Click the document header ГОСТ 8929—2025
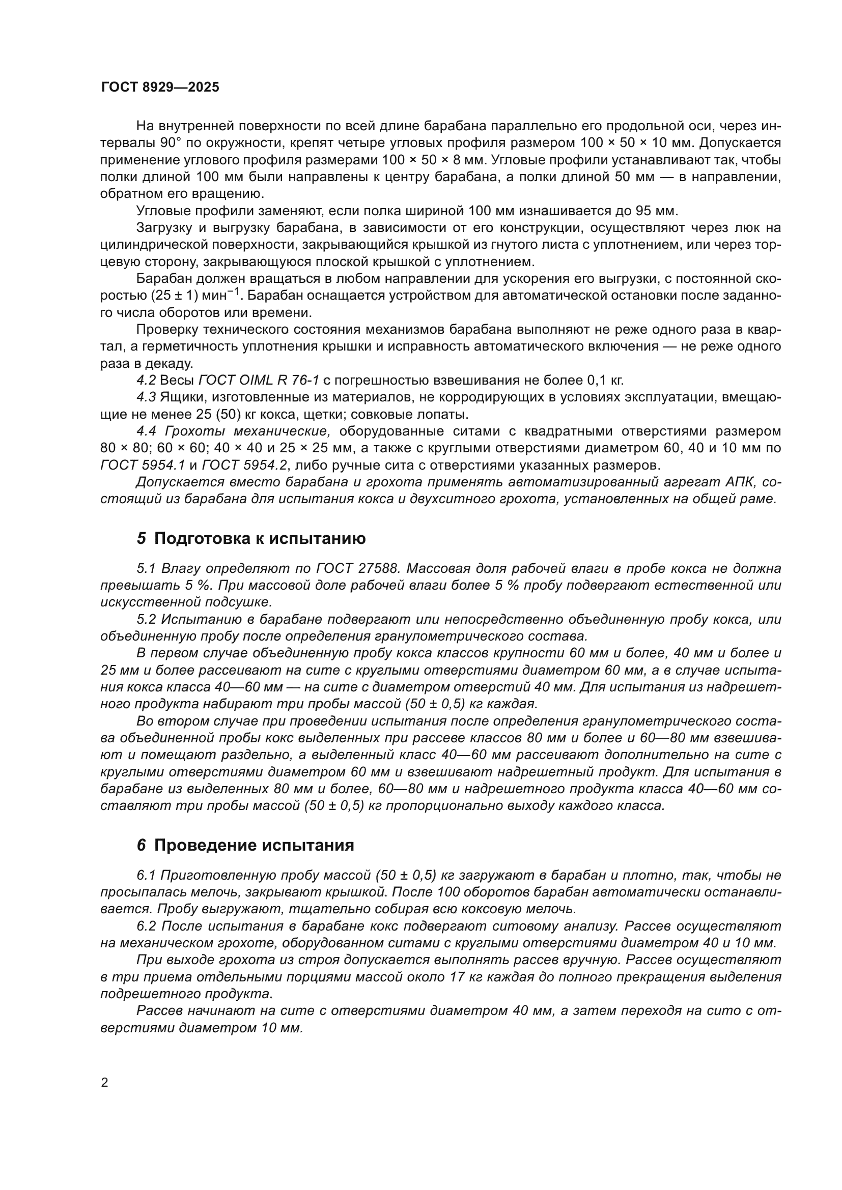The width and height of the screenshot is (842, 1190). tap(160, 87)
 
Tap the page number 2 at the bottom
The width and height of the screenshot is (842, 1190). tap(105, 1083)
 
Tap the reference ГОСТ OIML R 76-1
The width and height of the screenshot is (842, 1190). tap(259, 381)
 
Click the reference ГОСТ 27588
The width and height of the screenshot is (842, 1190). tap(358, 569)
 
